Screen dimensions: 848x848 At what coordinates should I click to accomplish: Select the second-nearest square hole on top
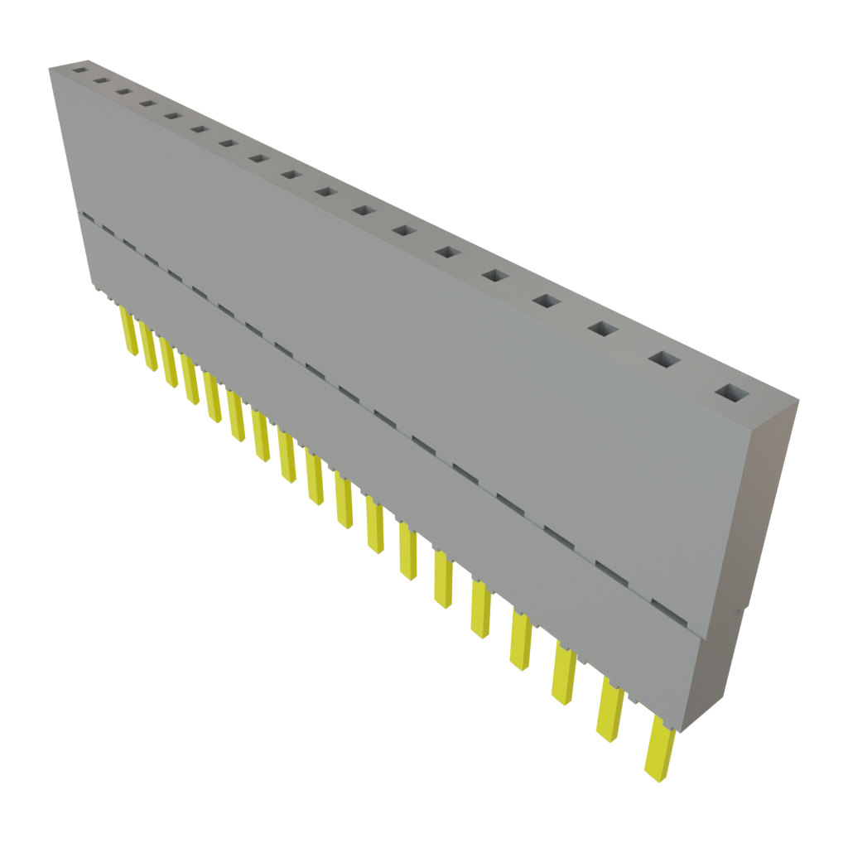[x=663, y=359]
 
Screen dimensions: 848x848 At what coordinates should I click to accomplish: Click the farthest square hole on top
[x=79, y=70]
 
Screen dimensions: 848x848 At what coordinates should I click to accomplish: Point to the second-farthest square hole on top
[x=101, y=81]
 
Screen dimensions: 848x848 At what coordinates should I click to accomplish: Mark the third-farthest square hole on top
[x=124, y=92]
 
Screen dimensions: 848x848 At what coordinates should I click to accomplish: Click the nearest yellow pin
[x=660, y=749]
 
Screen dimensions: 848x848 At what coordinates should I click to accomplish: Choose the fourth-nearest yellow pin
[x=522, y=641]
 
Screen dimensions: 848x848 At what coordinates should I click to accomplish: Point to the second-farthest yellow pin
[x=148, y=347]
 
